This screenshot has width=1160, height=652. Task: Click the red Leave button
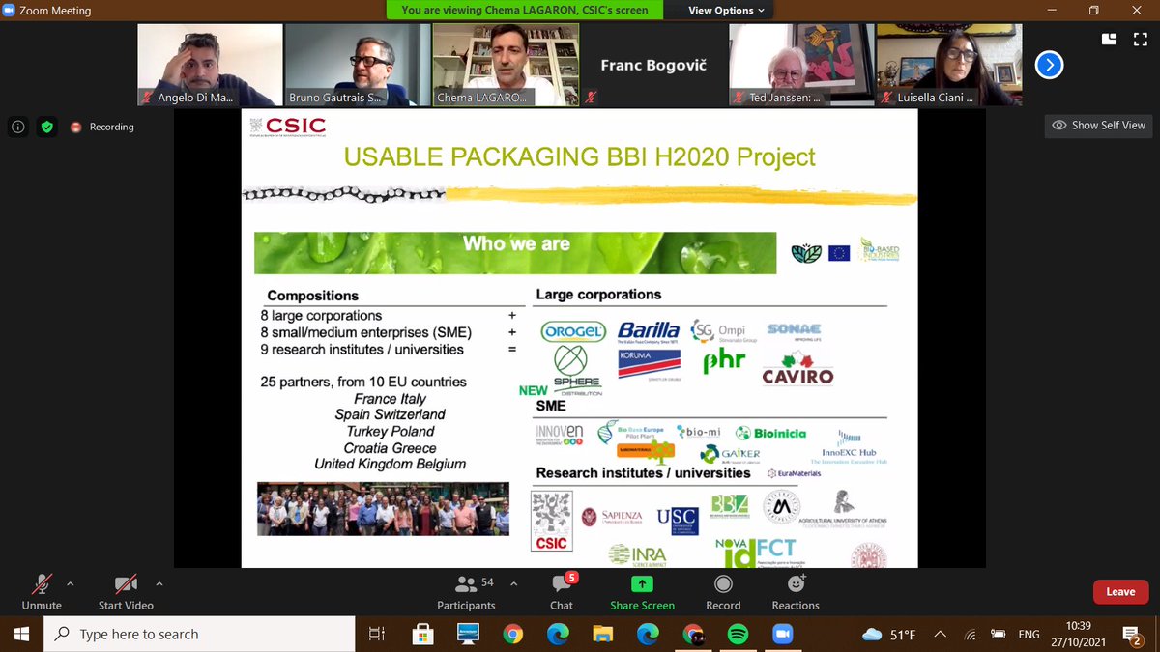pos(1120,592)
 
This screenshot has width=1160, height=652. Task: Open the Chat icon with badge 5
pos(562,584)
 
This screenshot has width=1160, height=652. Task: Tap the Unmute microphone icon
pos(41,584)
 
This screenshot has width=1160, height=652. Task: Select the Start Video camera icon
pos(126,584)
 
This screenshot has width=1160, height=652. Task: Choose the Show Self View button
pos(1098,126)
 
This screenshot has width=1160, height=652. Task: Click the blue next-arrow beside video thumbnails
pos(1049,65)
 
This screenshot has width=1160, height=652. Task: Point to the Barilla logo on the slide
pos(649,331)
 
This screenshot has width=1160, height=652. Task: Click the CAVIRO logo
pos(797,372)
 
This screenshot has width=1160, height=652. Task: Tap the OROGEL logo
pos(573,330)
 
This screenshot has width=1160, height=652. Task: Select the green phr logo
pos(724,362)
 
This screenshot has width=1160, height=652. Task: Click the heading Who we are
pos(516,244)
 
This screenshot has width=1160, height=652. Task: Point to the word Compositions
pos(312,296)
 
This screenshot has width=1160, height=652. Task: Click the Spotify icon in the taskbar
pos(737,634)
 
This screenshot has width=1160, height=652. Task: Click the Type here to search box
pos(193,634)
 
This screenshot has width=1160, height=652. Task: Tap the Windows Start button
pos(21,634)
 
